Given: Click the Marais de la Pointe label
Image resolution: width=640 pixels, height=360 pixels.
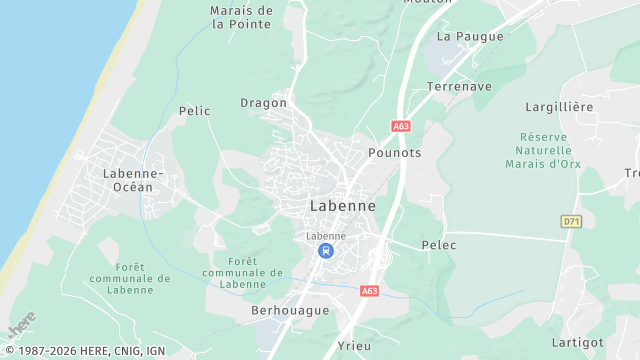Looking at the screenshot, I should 241,17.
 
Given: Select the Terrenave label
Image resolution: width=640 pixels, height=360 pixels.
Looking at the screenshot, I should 458,87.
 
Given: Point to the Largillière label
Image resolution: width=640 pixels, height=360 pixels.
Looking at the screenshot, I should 559,106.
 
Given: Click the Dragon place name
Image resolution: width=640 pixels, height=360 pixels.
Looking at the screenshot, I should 263,102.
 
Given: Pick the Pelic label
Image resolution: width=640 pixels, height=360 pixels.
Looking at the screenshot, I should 194,111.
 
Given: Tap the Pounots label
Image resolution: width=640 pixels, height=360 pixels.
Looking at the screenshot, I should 395,152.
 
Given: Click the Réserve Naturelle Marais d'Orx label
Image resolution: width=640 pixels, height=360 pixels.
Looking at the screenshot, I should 544,150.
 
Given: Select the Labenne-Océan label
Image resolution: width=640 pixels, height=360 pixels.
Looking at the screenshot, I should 127,180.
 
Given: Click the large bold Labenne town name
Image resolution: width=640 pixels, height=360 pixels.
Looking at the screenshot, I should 343,205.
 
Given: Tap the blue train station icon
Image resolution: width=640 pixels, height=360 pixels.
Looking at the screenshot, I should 326,251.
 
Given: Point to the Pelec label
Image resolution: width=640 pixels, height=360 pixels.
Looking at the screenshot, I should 439,245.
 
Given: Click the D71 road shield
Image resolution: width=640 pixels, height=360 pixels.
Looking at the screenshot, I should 571,221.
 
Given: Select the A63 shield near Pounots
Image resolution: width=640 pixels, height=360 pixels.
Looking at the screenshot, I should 401,126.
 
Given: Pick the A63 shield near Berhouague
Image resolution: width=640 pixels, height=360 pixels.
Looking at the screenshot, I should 369,290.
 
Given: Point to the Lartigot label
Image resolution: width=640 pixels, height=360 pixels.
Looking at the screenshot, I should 577,342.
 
